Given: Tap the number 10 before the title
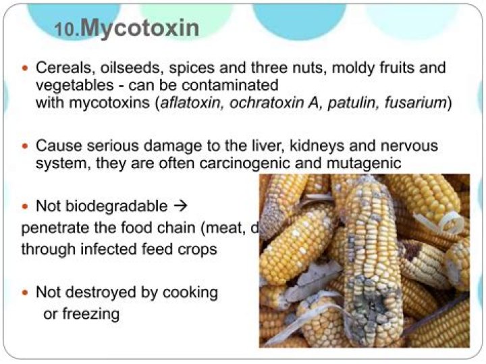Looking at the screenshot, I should [x=68, y=30].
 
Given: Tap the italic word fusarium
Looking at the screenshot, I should [x=416, y=103].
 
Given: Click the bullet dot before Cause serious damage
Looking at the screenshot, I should [x=26, y=146].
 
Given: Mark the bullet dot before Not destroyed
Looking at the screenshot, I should [x=26, y=292].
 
